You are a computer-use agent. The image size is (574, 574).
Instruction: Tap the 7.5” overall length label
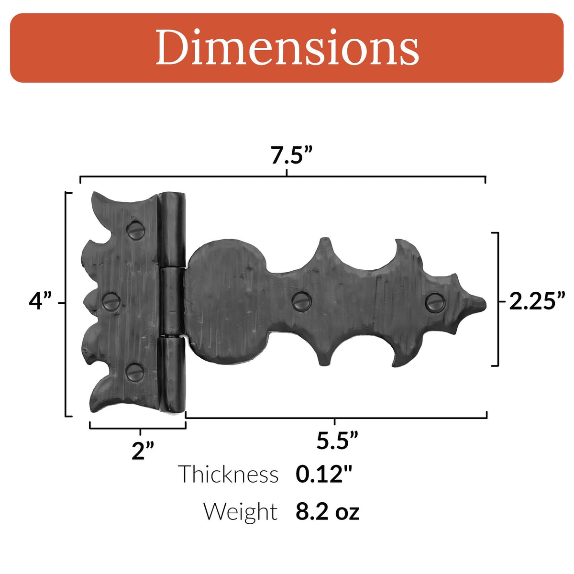[x=291, y=155]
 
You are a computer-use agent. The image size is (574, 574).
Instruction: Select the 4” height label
[x=40, y=302]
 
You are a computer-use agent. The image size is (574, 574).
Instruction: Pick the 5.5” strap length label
[x=337, y=441]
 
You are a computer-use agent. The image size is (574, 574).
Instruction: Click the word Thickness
[x=228, y=474]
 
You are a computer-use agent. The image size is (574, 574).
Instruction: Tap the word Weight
[x=240, y=511]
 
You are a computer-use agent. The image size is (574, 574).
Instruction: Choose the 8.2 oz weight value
[x=327, y=511]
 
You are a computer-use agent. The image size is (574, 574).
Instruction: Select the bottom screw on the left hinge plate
[x=135, y=372]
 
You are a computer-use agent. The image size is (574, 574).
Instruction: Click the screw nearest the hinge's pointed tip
[x=435, y=301]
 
